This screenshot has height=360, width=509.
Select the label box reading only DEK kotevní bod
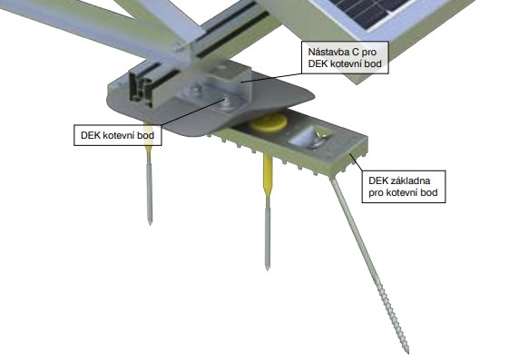click(x=118, y=135)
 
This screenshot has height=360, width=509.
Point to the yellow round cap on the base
click(x=269, y=122)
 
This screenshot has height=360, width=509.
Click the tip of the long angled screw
click(x=407, y=353)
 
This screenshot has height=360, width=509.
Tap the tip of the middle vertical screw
click(x=267, y=268)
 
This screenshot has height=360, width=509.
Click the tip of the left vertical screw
click(x=150, y=223)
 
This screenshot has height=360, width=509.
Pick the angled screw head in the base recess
click(x=305, y=138)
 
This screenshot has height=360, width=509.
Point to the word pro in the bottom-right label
click(x=377, y=192)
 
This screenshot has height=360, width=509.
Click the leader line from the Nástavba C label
click(x=272, y=78)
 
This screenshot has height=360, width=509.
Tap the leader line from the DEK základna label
click(x=356, y=162)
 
